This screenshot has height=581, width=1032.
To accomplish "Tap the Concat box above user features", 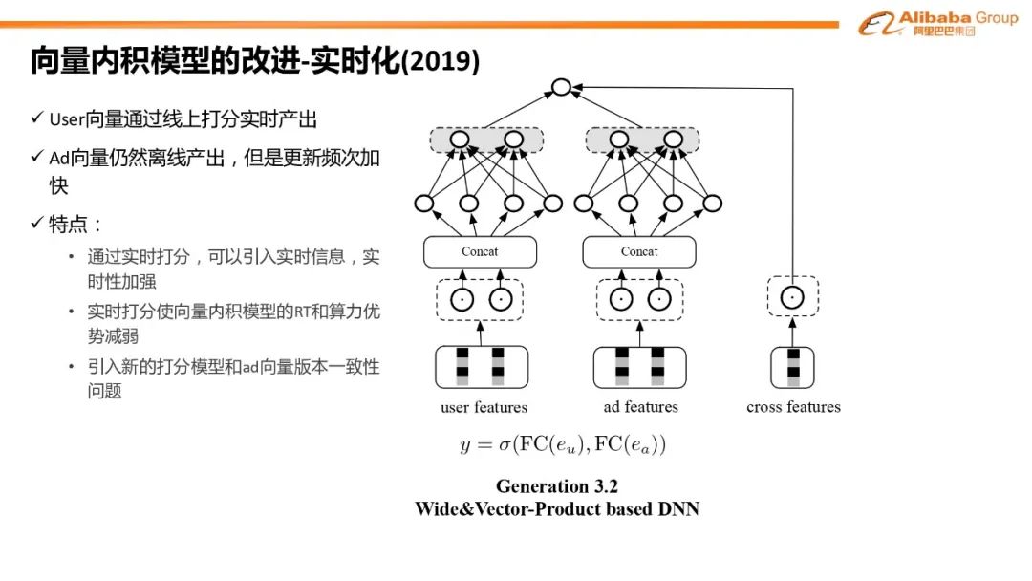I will (480, 252).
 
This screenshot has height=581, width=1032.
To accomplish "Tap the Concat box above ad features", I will (639, 252).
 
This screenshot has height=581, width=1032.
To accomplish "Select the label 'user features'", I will (484, 408).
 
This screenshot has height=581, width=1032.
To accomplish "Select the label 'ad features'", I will (640, 407).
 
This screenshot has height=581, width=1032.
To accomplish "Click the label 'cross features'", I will (793, 407).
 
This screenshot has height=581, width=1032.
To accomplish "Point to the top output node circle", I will (561, 88).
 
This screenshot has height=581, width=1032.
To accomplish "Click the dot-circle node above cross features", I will (791, 298).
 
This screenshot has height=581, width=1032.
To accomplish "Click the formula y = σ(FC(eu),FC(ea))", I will (563, 444).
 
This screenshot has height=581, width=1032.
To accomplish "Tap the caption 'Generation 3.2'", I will (557, 487).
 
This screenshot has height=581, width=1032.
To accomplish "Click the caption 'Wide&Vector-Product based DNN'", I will (557, 509).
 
